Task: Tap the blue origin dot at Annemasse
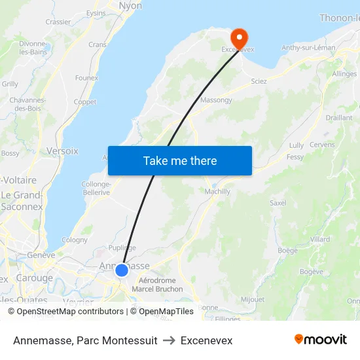(x=121, y=270)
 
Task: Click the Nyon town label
(x=130, y=6)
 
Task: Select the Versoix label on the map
(x=62, y=151)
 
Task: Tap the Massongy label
(x=215, y=100)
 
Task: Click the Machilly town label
(x=218, y=191)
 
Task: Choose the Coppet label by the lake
(x=85, y=102)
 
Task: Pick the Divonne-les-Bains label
(x=33, y=48)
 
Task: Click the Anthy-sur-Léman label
(x=308, y=48)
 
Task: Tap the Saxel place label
(x=278, y=203)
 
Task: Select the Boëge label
(x=288, y=250)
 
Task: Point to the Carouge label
(x=34, y=278)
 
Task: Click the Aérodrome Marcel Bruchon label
(x=156, y=284)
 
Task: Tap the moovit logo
(x=321, y=339)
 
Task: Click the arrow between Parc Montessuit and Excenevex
(x=169, y=341)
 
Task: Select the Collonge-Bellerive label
(x=96, y=189)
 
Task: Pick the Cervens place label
(x=321, y=145)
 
